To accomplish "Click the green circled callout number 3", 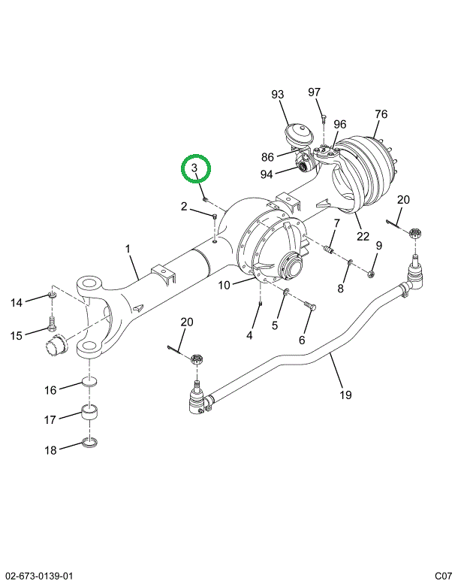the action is (x=194, y=168).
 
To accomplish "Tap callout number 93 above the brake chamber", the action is (x=278, y=94).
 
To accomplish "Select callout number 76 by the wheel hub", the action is (x=381, y=114).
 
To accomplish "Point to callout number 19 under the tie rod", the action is (x=345, y=395).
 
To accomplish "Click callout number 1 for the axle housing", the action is (x=128, y=249).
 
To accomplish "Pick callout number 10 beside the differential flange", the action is (x=224, y=286).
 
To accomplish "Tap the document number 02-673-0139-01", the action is (x=37, y=575).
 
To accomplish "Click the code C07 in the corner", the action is (x=444, y=575).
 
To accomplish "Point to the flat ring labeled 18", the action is (x=89, y=443).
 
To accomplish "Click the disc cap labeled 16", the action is (x=89, y=381).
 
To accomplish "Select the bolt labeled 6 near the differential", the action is (x=310, y=306).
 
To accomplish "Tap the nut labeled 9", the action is (x=371, y=274).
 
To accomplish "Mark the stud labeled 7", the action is (x=328, y=250).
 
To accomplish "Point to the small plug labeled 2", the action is (x=215, y=216).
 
